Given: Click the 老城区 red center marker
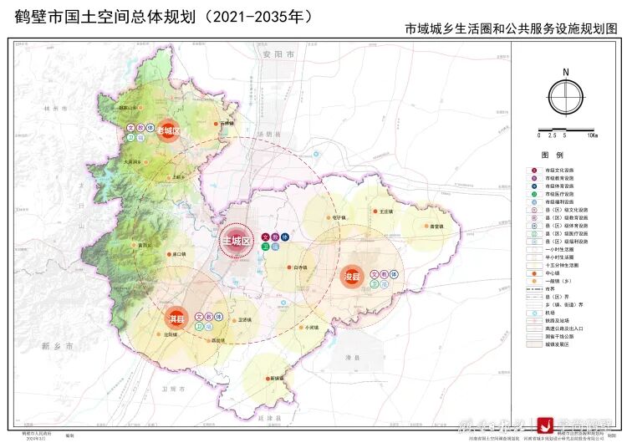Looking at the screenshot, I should (x=168, y=132).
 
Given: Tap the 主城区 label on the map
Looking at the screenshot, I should (x=236, y=242).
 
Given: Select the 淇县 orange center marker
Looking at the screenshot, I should (x=175, y=317).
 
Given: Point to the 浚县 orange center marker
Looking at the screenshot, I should (x=351, y=277).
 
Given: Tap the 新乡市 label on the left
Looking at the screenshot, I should (x=57, y=345).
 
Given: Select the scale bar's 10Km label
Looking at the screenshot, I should (x=592, y=135).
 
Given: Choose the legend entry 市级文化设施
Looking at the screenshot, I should (x=562, y=171).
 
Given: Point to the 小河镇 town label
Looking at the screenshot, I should (x=313, y=327).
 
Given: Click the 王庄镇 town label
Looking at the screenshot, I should (x=386, y=212).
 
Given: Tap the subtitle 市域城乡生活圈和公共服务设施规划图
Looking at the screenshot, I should (x=511, y=28).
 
